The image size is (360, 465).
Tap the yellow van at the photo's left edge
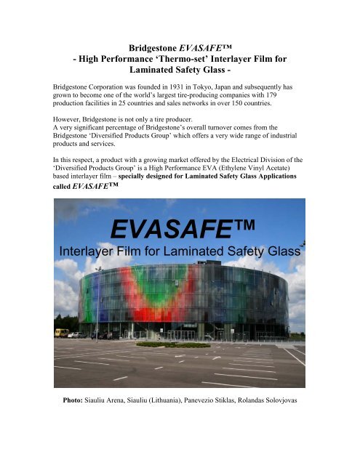click(62, 333)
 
